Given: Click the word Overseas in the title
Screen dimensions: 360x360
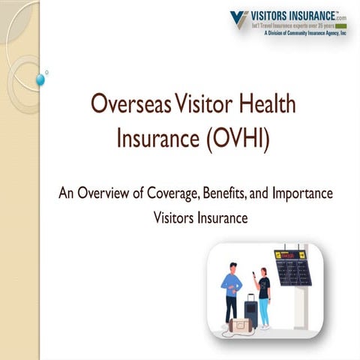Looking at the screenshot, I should coord(125,105).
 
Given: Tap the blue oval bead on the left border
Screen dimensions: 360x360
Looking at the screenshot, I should coord(40,79).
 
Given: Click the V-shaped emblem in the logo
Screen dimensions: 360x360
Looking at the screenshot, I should coord(240,18).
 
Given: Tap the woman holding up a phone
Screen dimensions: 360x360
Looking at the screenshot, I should coord(263,292).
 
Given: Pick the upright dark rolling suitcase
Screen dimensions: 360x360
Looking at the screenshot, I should coord(250,310).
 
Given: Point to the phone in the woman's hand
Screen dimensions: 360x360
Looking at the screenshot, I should coord(254,274).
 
